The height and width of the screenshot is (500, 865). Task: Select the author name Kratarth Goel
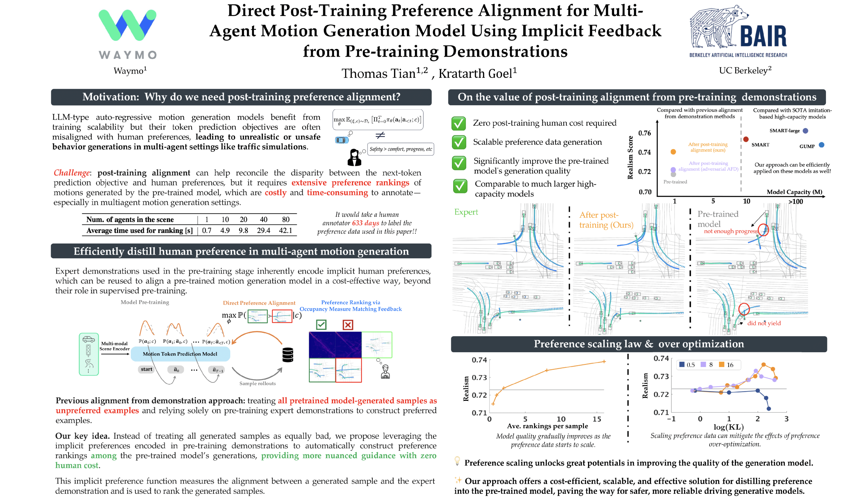[x=477, y=74]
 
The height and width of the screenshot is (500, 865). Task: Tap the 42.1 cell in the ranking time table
[x=285, y=230]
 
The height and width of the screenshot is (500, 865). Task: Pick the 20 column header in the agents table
[x=243, y=220]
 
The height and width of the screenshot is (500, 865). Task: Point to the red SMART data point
[x=746, y=139]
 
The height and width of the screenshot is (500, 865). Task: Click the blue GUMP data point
[x=821, y=145]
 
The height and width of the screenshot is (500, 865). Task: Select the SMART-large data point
[x=806, y=131]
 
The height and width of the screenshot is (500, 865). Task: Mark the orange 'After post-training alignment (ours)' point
[x=673, y=152]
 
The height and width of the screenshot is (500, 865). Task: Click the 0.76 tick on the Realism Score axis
[x=644, y=133]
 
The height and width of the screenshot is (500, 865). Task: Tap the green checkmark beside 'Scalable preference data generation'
[x=459, y=143]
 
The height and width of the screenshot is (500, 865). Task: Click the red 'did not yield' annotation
[x=764, y=323]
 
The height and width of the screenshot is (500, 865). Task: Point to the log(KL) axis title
[x=728, y=427]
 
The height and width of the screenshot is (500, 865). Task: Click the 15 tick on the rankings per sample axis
[x=597, y=419]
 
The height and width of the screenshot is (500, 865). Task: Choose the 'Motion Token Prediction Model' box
[x=180, y=354]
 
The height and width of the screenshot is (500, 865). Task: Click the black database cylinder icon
[x=288, y=355]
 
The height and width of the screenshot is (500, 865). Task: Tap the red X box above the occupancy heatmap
[x=348, y=325]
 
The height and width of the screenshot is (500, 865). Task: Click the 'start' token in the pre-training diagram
[x=147, y=369]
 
